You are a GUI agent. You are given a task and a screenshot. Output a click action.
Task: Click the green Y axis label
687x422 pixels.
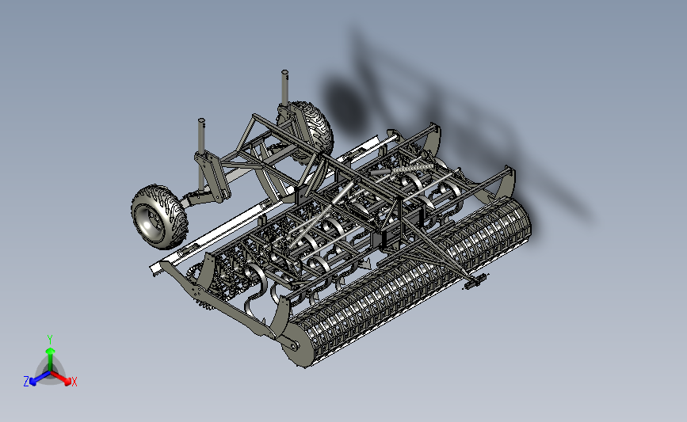pos(49,340)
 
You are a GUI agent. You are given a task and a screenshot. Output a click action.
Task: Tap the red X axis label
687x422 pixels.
pos(74,382)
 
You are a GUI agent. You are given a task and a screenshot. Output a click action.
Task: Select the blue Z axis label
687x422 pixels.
pos(26,382)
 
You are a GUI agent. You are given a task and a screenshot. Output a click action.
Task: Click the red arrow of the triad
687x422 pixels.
pos(60,378)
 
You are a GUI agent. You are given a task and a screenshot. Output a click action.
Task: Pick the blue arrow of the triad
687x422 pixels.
pos(40,378)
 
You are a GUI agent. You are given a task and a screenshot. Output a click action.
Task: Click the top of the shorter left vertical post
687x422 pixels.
pos(201,120)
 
